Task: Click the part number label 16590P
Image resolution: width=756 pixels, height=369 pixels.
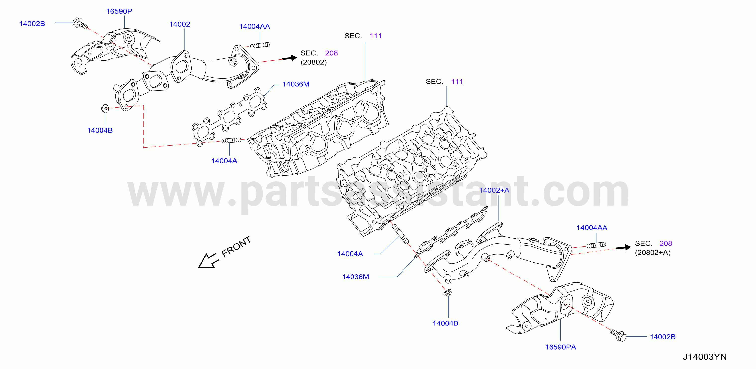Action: (x=119, y=11)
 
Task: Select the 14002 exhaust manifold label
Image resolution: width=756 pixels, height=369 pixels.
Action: (x=180, y=24)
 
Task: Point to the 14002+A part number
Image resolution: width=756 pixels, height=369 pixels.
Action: (x=494, y=190)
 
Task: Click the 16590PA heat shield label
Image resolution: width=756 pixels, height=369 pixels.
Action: (x=560, y=347)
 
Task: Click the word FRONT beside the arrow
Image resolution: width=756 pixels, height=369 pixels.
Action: (x=236, y=246)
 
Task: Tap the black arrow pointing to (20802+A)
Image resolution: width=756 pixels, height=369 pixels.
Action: (x=623, y=248)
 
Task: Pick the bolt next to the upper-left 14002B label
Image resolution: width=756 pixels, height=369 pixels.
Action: (x=80, y=23)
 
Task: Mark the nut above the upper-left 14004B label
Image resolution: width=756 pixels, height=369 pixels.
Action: (x=105, y=108)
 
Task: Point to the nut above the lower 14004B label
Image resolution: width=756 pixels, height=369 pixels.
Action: (x=447, y=292)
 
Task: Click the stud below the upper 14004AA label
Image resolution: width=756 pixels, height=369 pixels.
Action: (x=260, y=45)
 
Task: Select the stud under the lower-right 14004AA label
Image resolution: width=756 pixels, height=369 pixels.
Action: (x=596, y=245)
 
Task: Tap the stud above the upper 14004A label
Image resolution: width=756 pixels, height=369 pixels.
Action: (x=231, y=140)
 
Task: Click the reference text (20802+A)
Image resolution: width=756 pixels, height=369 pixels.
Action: (x=653, y=253)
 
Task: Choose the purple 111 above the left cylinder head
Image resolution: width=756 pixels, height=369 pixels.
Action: (x=376, y=36)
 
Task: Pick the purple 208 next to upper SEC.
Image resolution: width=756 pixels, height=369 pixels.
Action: (x=331, y=53)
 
